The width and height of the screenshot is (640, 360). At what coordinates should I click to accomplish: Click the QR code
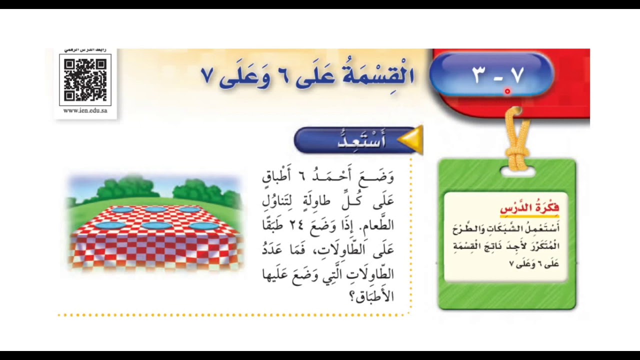[85, 80]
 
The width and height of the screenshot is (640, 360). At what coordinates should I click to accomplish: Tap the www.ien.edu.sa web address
[85, 110]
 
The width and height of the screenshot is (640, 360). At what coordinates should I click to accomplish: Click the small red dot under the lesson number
[507, 91]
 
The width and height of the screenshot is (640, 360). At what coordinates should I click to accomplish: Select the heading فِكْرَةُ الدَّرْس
[529, 207]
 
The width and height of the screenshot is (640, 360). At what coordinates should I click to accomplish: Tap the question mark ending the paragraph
[352, 297]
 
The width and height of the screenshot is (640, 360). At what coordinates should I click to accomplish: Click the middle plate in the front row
[157, 226]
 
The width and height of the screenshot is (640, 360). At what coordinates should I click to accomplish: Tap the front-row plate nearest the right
[204, 226]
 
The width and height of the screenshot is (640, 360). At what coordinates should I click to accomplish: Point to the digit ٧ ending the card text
[511, 264]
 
